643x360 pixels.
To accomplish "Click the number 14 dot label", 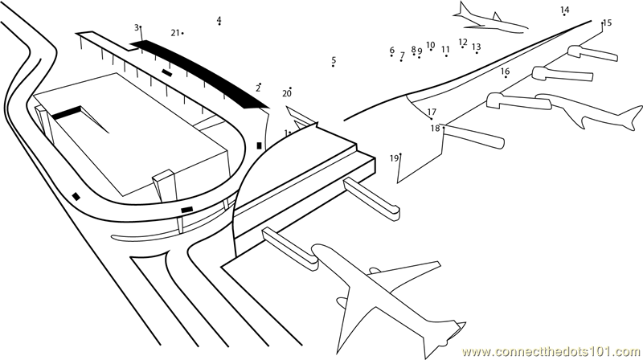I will coord(565,10).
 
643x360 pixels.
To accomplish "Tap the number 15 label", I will coord(607,23).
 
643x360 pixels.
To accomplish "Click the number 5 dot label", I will coord(334,60).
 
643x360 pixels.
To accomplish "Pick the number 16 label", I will coord(392,51).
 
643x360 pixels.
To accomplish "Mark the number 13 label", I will coord(477,47).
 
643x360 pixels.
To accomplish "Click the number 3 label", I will coord(137,27).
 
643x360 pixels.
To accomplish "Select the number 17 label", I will coord(432,112).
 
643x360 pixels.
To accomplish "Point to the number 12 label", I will coord(463,42).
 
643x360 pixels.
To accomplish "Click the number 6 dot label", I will coord(392,51).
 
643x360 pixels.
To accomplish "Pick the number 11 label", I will coord(445,50).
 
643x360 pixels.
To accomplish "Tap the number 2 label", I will coord(258,88).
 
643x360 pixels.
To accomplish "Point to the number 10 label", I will coord(431,46).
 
